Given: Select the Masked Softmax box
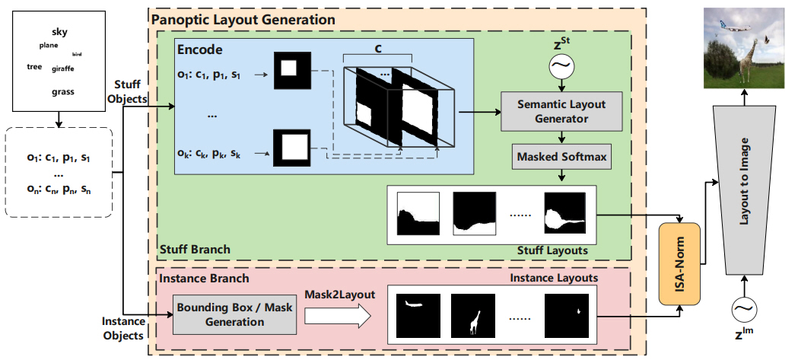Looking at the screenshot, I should coord(561,157).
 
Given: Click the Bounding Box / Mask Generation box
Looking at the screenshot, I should coord(234,316).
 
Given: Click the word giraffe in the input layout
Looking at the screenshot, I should coord(62,69).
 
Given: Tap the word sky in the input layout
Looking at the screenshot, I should coord(59,31).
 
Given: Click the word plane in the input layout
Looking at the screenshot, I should coord(48,46).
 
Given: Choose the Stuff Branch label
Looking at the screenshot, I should coord(195,250).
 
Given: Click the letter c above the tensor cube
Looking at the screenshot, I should coord(377,47).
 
